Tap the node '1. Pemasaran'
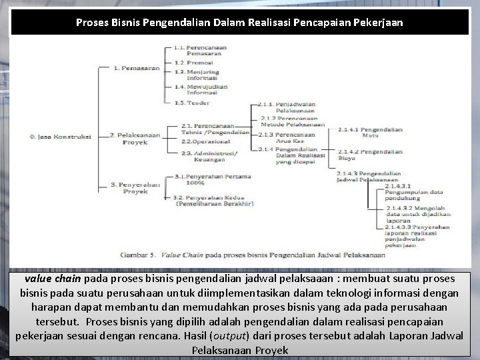(x=133, y=68)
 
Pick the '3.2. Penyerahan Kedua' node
(x=213, y=202)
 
